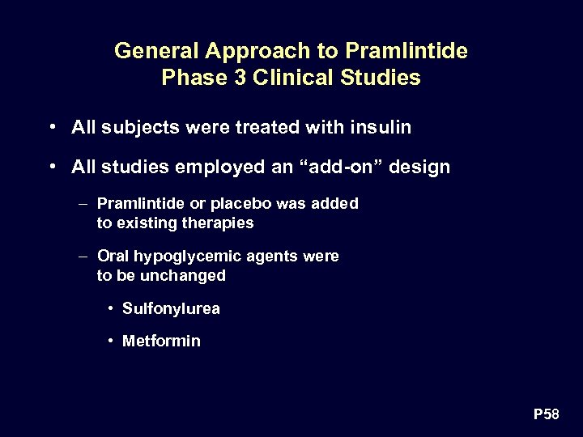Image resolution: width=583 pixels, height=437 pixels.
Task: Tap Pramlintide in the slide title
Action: [406, 51]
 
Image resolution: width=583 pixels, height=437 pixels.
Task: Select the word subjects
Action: [140, 127]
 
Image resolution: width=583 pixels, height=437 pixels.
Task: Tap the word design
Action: [419, 168]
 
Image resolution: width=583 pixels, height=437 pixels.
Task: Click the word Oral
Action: [113, 257]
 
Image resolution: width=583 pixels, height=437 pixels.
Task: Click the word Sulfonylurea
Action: [171, 308]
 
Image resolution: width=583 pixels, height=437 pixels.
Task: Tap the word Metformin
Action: [161, 341]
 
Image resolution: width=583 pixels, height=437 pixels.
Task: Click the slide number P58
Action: [546, 414]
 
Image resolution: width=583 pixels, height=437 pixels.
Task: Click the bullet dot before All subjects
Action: [52, 127]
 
